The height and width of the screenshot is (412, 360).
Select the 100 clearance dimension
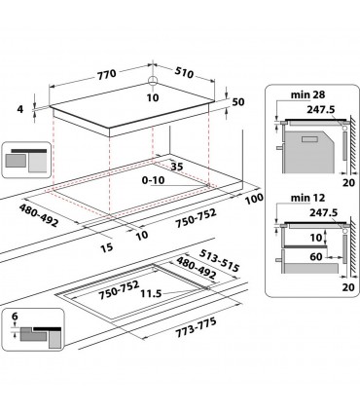(x=256, y=200)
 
